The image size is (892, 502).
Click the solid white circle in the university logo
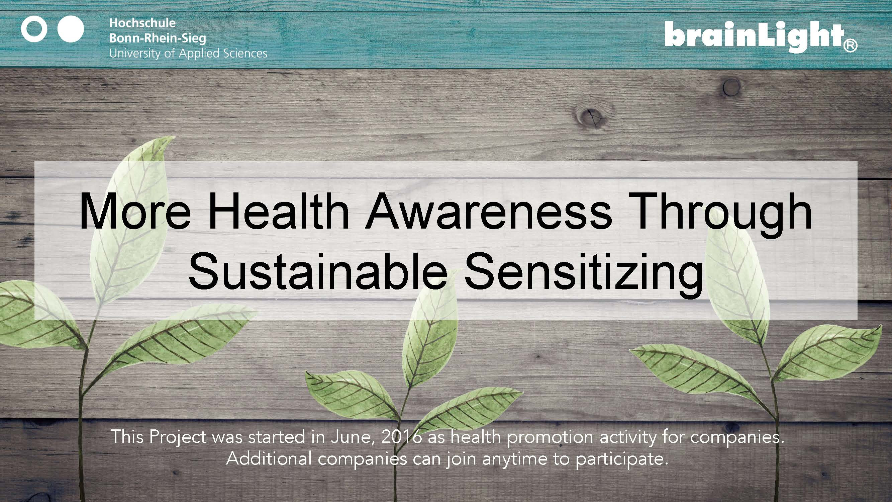(71, 29)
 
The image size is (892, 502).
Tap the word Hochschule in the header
(142, 23)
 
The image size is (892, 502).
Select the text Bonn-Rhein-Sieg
(158, 38)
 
